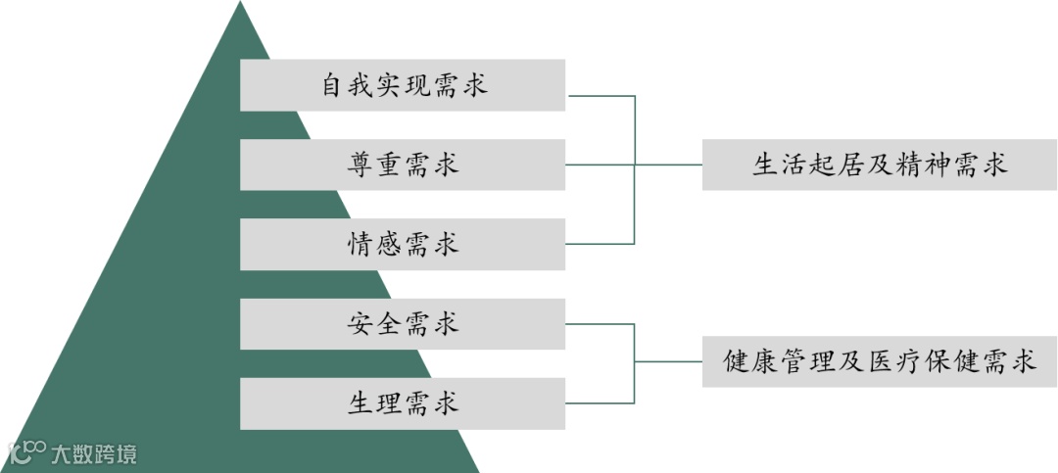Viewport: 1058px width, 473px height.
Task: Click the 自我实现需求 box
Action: pos(403,85)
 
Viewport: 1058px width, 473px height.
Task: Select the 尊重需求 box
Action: pos(403,165)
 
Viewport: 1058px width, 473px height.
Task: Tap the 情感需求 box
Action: pos(403,244)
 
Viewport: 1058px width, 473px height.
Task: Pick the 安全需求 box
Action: pos(403,323)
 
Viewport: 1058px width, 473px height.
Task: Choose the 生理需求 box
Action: pos(403,402)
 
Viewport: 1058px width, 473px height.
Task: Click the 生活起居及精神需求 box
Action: pos(879,165)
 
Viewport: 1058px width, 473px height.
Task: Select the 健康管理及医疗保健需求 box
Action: pos(879,362)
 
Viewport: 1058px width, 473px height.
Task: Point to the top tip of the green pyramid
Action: pos(240,4)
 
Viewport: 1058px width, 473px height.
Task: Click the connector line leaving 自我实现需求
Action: pos(601,96)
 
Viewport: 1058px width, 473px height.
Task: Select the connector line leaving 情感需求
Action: pos(601,243)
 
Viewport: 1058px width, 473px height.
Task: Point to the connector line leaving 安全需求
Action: pos(601,323)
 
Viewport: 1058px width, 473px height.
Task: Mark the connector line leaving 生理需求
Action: pos(601,402)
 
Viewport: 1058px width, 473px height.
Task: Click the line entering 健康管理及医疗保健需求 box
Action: pos(669,362)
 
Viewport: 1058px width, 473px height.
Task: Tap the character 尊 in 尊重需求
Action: pos(360,165)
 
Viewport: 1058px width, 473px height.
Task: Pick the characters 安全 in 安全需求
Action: pos(374,323)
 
